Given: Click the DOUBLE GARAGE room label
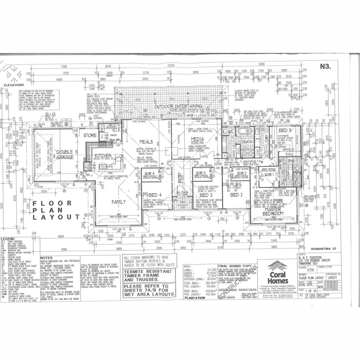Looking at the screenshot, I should [x=64, y=154].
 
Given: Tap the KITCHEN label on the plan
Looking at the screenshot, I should [x=103, y=156].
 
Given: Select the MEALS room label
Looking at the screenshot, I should [x=146, y=142].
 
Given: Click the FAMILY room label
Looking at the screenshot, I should [x=118, y=202].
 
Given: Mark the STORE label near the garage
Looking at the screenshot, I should [x=90, y=135].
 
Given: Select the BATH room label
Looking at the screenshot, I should [x=247, y=142].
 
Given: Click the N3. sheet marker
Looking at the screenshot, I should [x=325, y=67].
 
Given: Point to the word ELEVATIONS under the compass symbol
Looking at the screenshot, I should [x=14, y=85].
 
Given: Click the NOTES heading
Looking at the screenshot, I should [x=47, y=258].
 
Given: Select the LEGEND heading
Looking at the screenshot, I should [x=8, y=239].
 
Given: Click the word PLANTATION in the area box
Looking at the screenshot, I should [x=194, y=298].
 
